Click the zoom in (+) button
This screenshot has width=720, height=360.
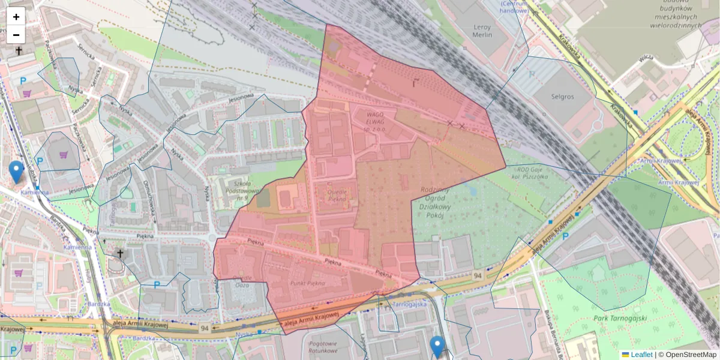point(16,17)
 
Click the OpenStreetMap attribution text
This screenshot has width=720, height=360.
point(687,355)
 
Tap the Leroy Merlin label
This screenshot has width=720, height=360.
point(482,31)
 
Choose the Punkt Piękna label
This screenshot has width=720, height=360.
point(307,283)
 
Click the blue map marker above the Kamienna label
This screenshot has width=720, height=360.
point(17,172)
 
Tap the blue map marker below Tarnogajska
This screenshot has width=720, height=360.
point(437,347)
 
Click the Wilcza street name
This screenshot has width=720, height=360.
point(646,58)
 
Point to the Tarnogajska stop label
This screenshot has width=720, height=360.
point(409,304)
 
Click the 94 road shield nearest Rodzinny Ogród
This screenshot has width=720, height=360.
point(477,275)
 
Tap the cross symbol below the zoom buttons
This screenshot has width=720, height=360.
point(19,51)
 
